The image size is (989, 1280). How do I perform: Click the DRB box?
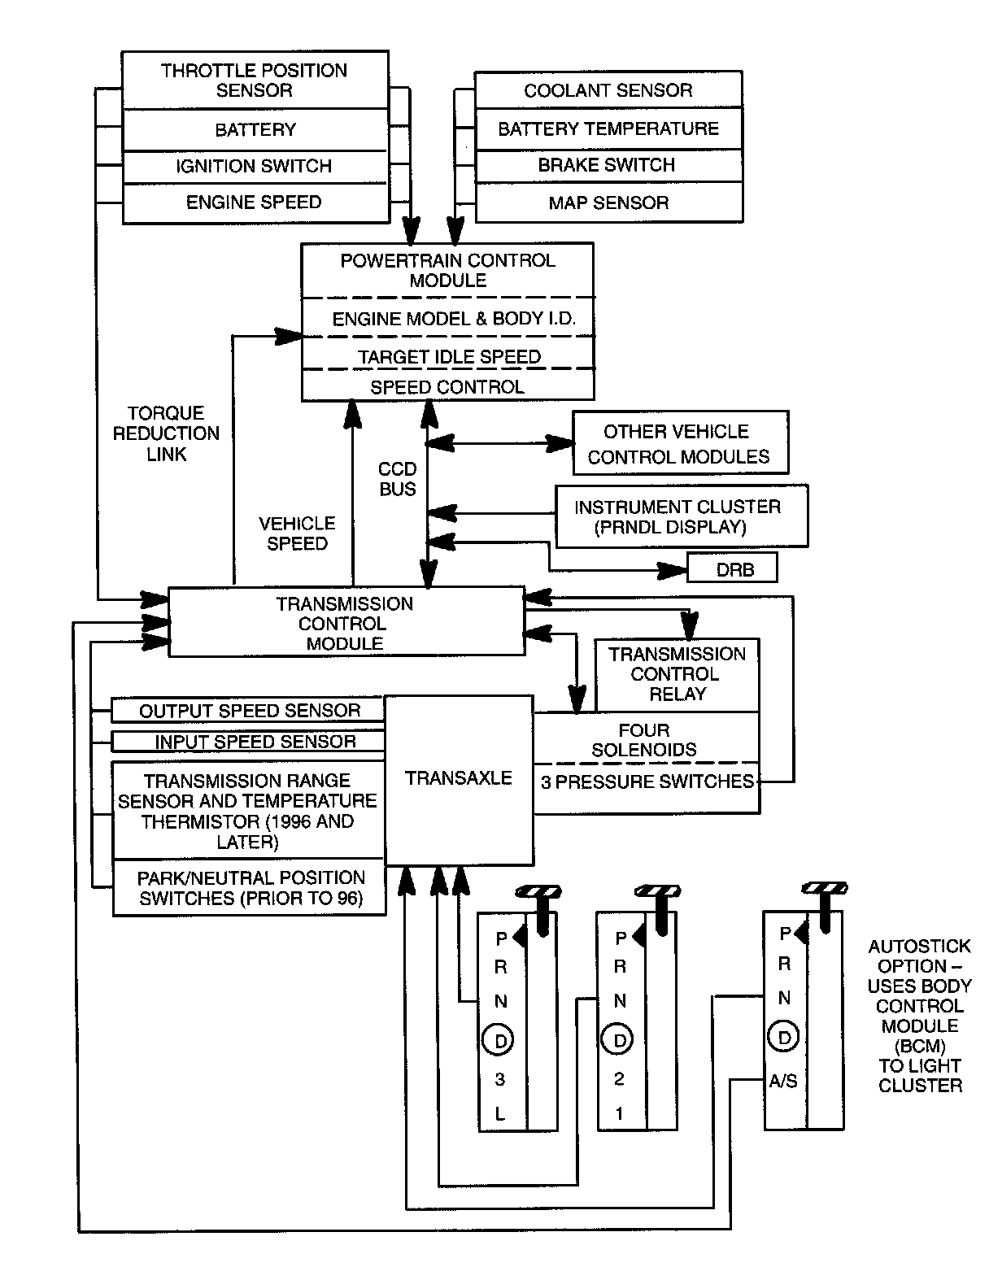[x=733, y=568]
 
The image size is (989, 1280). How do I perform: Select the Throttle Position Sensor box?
[x=255, y=81]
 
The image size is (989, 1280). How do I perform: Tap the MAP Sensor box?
[x=608, y=202]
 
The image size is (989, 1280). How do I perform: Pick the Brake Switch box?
[x=608, y=165]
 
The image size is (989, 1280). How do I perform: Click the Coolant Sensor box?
[x=608, y=90]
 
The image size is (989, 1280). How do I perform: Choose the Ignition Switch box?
[x=255, y=166]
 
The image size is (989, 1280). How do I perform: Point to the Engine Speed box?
[x=255, y=202]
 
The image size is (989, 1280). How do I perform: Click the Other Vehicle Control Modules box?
[x=680, y=443]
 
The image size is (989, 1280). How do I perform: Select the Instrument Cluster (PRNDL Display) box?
[x=681, y=516]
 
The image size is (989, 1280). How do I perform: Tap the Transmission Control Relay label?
[x=677, y=674]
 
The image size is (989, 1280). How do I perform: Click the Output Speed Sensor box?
[x=249, y=710]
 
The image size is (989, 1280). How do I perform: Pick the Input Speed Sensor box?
[x=255, y=742]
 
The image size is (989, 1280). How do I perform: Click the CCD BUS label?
[x=398, y=479]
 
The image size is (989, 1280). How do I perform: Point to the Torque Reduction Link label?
[x=166, y=433]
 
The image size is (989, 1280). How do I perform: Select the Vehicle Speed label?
[x=297, y=533]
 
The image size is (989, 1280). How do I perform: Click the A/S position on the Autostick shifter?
[x=783, y=1082]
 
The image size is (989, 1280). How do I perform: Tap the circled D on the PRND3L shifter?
[x=499, y=1040]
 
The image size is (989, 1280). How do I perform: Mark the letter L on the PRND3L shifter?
[x=499, y=1114]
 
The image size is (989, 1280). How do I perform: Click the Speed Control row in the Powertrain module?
[x=447, y=387]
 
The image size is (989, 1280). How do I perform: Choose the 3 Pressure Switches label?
[x=647, y=782]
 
